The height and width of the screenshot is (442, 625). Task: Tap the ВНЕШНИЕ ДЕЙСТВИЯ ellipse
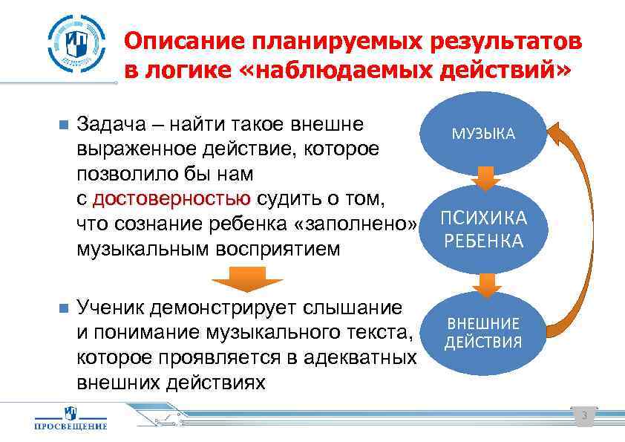(x=483, y=333)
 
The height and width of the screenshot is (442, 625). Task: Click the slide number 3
(x=584, y=415)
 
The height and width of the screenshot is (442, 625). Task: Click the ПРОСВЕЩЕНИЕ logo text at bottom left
(x=71, y=426)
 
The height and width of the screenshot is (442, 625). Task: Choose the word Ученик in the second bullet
(x=110, y=308)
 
